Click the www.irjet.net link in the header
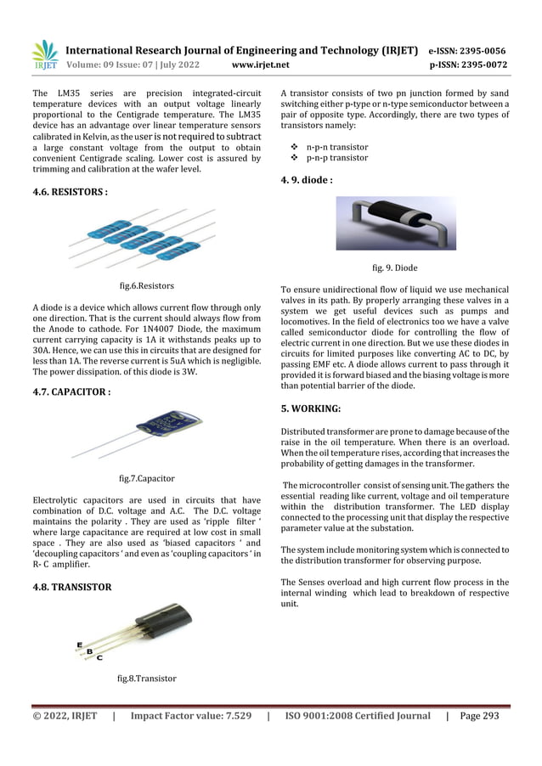(260, 65)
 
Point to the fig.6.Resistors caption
(146, 286)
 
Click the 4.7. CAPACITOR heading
(71, 392)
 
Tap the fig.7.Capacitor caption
(146, 479)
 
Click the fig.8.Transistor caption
(146, 679)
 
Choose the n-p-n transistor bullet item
(336, 147)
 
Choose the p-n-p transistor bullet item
(336, 158)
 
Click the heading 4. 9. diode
(306, 180)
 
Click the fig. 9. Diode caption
(395, 268)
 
